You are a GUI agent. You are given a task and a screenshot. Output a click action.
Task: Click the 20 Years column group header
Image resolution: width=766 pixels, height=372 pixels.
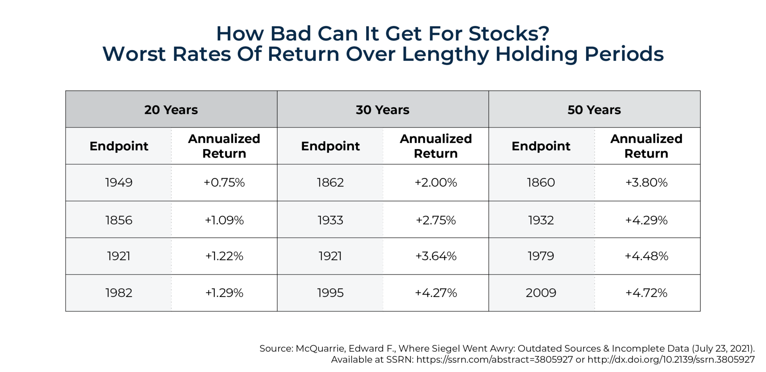(x=171, y=110)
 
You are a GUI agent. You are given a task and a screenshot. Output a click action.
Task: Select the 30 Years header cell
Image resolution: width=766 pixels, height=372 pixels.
(x=383, y=110)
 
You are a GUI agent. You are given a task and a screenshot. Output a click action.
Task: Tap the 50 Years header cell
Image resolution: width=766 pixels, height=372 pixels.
(x=594, y=110)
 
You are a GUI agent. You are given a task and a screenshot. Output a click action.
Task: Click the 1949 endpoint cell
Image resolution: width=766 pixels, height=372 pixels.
(x=119, y=182)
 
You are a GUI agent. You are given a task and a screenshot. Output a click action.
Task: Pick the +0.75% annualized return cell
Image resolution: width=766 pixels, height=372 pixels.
(x=224, y=182)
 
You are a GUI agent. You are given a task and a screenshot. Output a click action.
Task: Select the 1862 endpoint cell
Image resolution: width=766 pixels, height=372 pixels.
(x=330, y=182)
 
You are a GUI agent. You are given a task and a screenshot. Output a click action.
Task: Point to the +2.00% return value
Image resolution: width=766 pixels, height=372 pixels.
(x=436, y=182)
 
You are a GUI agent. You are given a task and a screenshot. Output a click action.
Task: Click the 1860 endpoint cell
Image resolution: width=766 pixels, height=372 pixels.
(x=541, y=182)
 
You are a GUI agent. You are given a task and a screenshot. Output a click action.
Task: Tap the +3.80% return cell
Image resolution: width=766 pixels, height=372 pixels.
(x=647, y=182)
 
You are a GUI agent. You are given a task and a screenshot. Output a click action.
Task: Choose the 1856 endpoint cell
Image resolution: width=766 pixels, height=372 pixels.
(x=119, y=220)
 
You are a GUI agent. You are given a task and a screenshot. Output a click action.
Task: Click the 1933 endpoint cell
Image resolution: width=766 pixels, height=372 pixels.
(x=330, y=220)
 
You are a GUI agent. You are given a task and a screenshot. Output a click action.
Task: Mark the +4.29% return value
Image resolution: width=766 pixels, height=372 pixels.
(x=647, y=220)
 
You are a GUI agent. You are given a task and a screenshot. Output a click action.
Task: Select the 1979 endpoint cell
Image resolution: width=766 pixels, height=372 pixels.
(x=541, y=256)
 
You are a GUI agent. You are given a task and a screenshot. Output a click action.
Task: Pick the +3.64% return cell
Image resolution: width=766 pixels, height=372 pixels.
(x=436, y=256)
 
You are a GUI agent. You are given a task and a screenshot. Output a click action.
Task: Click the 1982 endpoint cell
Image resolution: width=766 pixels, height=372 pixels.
(x=119, y=293)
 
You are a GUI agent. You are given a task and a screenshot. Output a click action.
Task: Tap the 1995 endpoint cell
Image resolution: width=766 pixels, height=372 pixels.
(x=330, y=293)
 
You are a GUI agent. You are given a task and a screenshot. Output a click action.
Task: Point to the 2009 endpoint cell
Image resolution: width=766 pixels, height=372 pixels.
(x=541, y=293)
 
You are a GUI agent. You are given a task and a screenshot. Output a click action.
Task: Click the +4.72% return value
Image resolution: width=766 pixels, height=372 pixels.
(x=647, y=293)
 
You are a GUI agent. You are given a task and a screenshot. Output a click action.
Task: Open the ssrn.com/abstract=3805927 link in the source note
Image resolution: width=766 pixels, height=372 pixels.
(x=494, y=360)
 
